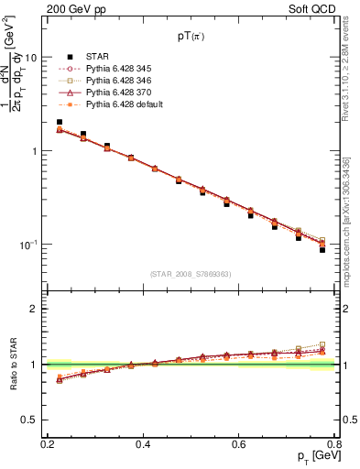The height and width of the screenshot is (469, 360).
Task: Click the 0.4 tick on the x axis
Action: [143, 444]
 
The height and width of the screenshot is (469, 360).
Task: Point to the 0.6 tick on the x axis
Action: [238, 444]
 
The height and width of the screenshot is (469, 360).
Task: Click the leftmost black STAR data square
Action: [60, 122]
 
